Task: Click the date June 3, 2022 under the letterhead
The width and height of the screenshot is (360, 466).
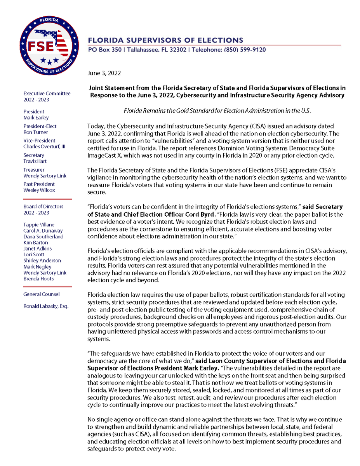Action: point(104,73)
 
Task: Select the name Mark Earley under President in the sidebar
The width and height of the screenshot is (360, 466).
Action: point(36,118)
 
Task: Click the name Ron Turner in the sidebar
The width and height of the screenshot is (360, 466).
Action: point(36,132)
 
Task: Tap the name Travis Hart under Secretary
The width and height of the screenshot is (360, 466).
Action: point(35,161)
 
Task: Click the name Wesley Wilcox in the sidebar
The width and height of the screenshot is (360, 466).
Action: point(39,190)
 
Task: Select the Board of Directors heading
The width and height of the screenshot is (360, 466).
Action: point(43,207)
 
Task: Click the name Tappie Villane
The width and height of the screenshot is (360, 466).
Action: point(39,224)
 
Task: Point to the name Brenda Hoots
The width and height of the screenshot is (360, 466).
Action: point(38,278)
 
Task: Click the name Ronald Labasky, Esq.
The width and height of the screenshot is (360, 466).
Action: point(45,306)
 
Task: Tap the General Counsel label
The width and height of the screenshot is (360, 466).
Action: point(41,294)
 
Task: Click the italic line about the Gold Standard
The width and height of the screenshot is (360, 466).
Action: point(217,111)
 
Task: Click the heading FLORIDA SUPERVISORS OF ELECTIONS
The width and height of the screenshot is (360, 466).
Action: point(165,40)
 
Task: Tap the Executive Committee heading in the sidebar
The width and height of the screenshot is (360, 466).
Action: point(47,94)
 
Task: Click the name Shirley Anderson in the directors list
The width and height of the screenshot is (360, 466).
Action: point(42,261)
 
